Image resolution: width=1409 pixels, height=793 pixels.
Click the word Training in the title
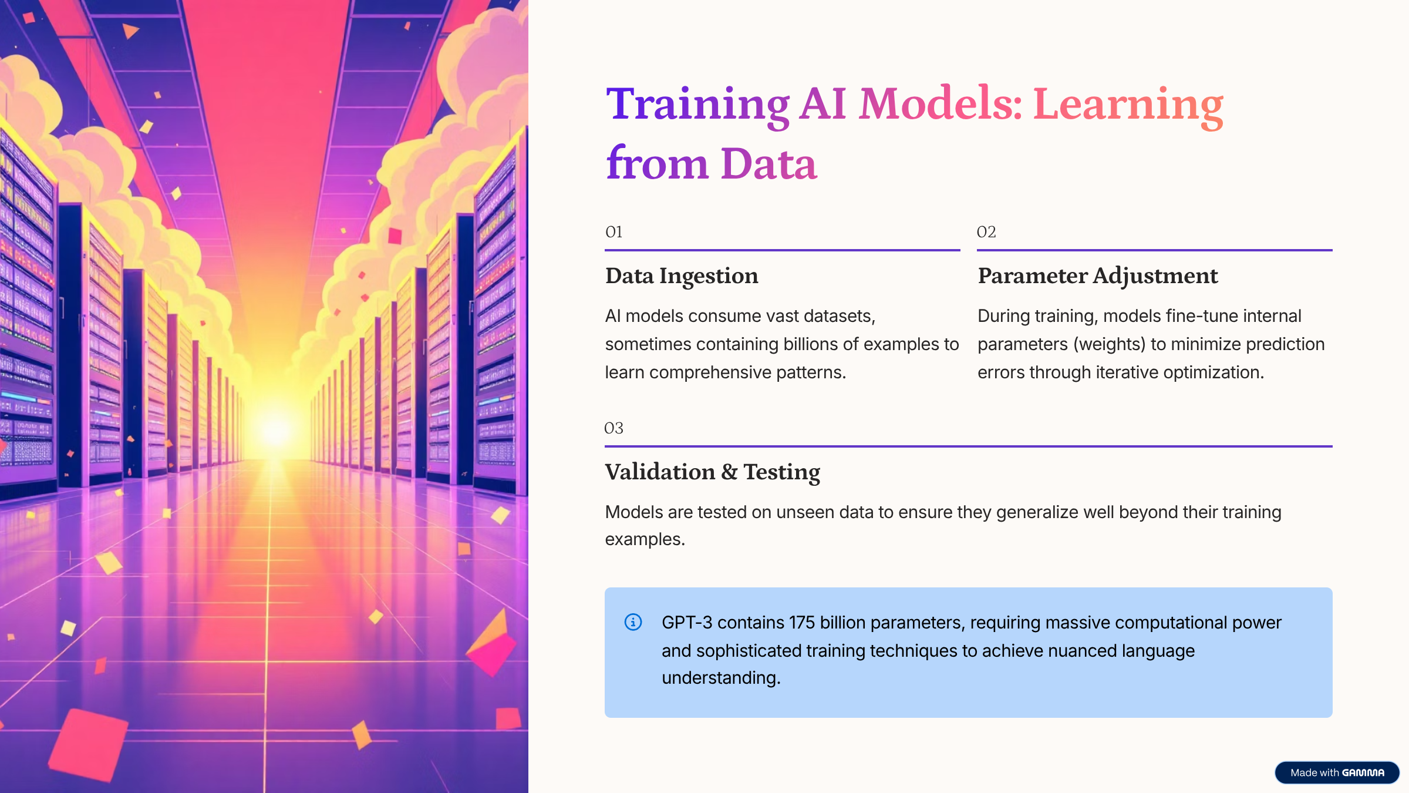(x=697, y=105)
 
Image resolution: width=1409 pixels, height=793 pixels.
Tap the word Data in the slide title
(x=768, y=164)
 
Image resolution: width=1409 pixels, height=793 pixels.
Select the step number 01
(x=614, y=232)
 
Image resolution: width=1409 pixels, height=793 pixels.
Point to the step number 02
(x=986, y=232)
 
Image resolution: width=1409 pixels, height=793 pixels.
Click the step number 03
(x=614, y=428)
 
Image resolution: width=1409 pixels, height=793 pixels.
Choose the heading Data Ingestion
(x=682, y=276)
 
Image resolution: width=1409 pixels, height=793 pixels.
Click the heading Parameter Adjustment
(x=1098, y=276)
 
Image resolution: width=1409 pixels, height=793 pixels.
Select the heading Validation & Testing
(x=713, y=472)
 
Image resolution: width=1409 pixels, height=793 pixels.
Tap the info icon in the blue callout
(x=633, y=621)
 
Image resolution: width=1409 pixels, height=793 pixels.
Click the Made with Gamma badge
(x=1337, y=772)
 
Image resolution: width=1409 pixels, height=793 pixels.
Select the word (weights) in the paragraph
(x=1110, y=344)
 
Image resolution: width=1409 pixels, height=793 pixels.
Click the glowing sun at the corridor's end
(x=275, y=430)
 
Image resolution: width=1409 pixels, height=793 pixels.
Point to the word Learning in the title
(x=1128, y=105)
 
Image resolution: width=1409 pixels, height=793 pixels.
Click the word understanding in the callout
(x=721, y=678)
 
